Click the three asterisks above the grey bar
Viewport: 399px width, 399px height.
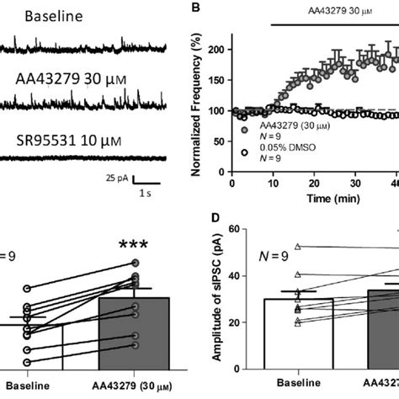(134, 246)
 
